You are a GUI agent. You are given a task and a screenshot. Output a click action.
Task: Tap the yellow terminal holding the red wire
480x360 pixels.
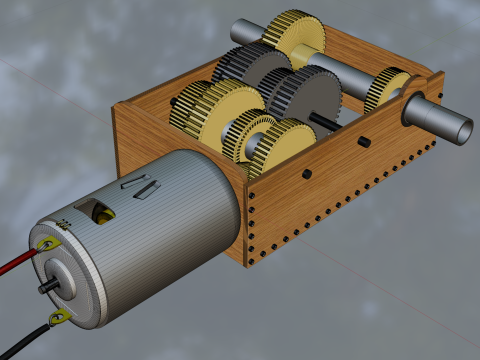click(46, 242)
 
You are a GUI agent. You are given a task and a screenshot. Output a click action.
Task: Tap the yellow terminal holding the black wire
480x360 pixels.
click(58, 317)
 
